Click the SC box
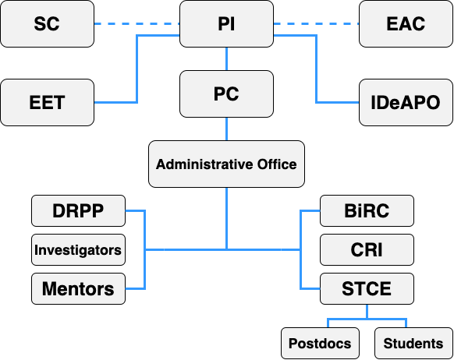click(x=48, y=23)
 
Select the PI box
click(x=226, y=23)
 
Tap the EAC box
click(x=406, y=23)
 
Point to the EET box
click(x=48, y=102)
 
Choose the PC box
click(x=226, y=94)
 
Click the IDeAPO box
click(x=406, y=102)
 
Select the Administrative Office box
click(x=226, y=164)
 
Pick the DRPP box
click(x=78, y=211)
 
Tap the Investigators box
click(x=78, y=250)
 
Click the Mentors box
click(x=78, y=288)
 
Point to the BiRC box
click(x=367, y=211)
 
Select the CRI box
click(x=367, y=250)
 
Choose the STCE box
click(x=367, y=288)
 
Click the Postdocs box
click(x=320, y=343)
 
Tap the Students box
click(x=413, y=343)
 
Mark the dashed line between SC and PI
click(x=137, y=23)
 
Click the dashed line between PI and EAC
click(x=316, y=23)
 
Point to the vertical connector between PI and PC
click(x=226, y=59)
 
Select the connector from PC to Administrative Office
click(x=226, y=129)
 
